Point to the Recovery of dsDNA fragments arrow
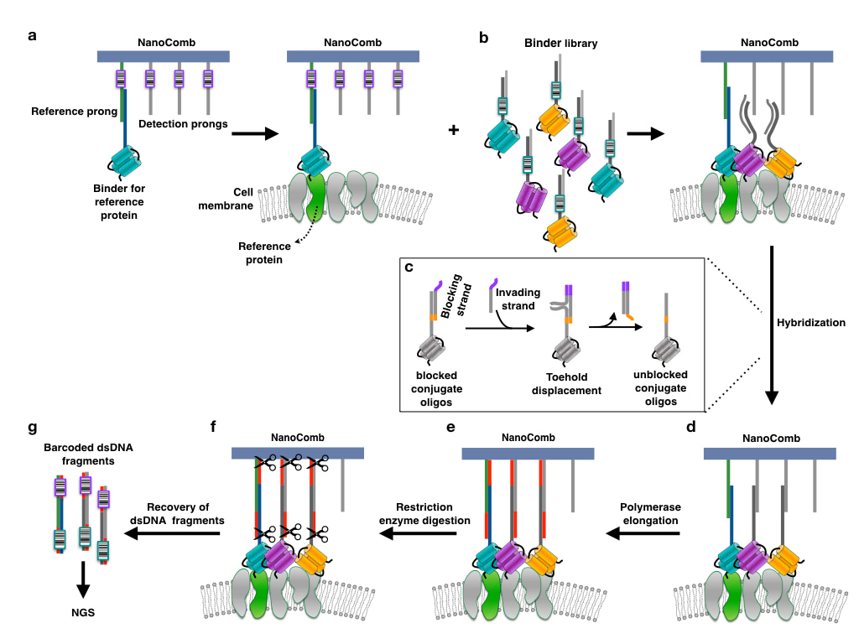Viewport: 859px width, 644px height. pos(173,532)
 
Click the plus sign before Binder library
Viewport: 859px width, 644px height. pos(454,131)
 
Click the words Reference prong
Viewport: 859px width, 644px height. pos(74,112)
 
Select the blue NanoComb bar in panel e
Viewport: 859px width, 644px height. pos(528,453)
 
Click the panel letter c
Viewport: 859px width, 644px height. pos(409,267)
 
